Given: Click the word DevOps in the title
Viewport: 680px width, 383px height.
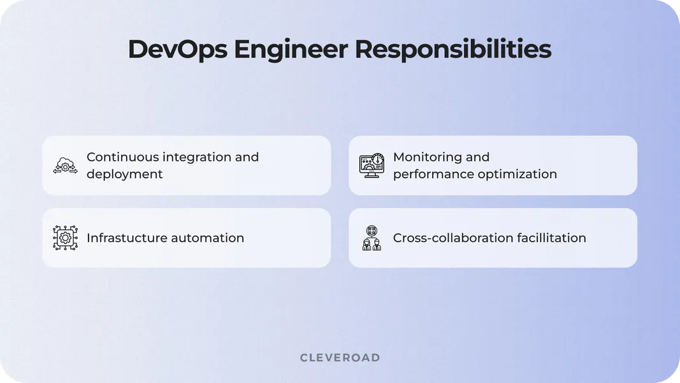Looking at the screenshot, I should tap(177, 50).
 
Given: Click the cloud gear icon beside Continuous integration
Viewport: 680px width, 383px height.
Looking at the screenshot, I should tap(65, 165).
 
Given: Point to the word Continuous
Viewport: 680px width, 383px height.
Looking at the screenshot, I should tap(122, 157).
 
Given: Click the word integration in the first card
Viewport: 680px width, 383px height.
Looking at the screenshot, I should tap(197, 157).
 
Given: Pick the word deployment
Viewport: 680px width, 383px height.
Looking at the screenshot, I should tap(125, 174).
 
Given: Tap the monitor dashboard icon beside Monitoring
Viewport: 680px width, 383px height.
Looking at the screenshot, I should tap(372, 165).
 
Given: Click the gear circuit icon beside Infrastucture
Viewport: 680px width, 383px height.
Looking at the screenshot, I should tap(65, 238).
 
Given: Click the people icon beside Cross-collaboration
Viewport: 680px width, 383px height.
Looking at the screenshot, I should tap(372, 238).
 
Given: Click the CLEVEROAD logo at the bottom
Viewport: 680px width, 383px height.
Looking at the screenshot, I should tap(340, 357).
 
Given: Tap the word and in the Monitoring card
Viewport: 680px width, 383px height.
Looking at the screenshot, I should tap(478, 157).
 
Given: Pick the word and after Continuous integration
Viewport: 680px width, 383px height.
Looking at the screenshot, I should tap(247, 157).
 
